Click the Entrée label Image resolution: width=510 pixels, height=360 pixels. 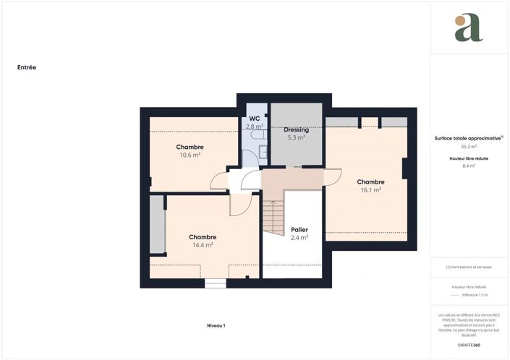pyautogui.click(x=27, y=67)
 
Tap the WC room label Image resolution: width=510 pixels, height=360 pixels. pyautogui.click(x=254, y=119)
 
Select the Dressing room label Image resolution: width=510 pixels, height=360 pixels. pyautogui.click(x=296, y=129)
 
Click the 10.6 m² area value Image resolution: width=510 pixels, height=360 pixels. pyautogui.click(x=190, y=155)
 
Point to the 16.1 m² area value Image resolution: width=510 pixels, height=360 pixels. pyautogui.click(x=370, y=190)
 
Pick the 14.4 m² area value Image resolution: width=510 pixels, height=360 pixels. pyautogui.click(x=203, y=245)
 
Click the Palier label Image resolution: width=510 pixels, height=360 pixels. pyautogui.click(x=299, y=229)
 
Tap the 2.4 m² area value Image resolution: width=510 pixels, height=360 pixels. pyautogui.click(x=299, y=237)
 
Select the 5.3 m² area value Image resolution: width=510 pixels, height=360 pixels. pyautogui.click(x=296, y=137)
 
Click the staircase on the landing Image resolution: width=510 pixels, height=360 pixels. pyautogui.click(x=273, y=217)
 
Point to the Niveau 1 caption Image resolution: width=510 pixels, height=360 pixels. pyautogui.click(x=216, y=326)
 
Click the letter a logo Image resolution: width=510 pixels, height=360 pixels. pyautogui.click(x=468, y=28)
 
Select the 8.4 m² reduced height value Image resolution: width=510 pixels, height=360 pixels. pyautogui.click(x=468, y=166)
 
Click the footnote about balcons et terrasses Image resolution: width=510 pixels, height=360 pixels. pyautogui.click(x=469, y=267)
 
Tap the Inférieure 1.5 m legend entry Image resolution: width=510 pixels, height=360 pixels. pyautogui.click(x=475, y=295)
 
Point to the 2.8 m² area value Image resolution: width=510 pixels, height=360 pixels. pyautogui.click(x=253, y=127)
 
